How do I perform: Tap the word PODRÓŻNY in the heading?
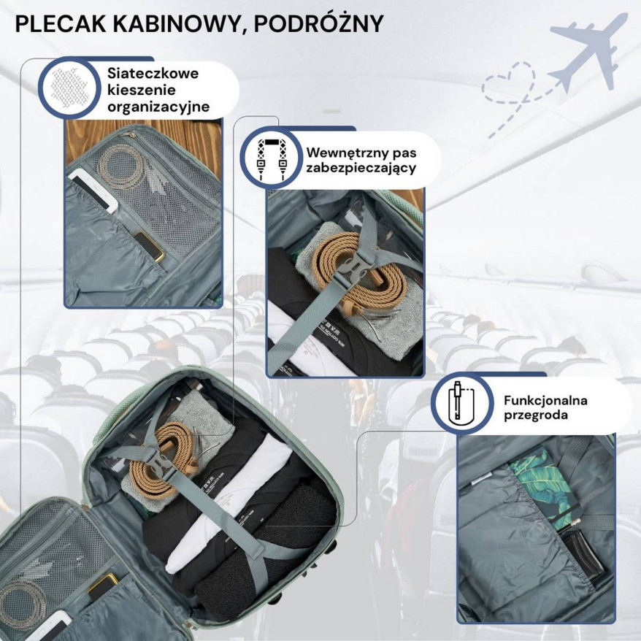click(x=318, y=23)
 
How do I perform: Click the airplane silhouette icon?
click(x=588, y=50)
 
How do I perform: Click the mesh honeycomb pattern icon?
click(x=70, y=88)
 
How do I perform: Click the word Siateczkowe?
click(x=153, y=73)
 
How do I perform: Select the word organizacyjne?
click(x=158, y=107)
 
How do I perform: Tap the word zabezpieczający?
click(x=361, y=168)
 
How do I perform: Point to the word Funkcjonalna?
click(x=545, y=400)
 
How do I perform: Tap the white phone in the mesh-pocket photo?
click(x=93, y=191)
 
